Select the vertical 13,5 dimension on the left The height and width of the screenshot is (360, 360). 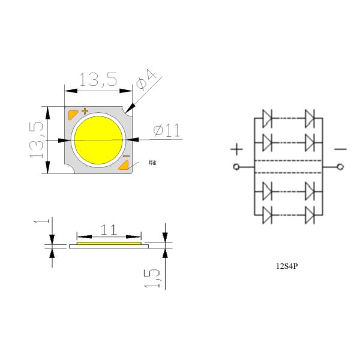(x=37, y=140)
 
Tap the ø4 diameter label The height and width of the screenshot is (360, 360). (x=146, y=80)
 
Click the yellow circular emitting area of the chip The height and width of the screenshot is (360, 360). (x=98, y=140)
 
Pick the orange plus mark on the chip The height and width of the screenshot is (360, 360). (x=85, y=111)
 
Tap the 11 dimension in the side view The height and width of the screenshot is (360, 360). (x=109, y=230)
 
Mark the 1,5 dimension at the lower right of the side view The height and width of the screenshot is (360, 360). (x=154, y=277)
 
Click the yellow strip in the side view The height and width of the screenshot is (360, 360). (x=109, y=243)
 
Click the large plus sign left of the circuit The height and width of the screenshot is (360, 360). (x=238, y=148)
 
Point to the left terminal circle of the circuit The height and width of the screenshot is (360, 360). (x=236, y=167)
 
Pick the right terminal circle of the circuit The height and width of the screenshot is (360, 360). (x=341, y=167)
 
